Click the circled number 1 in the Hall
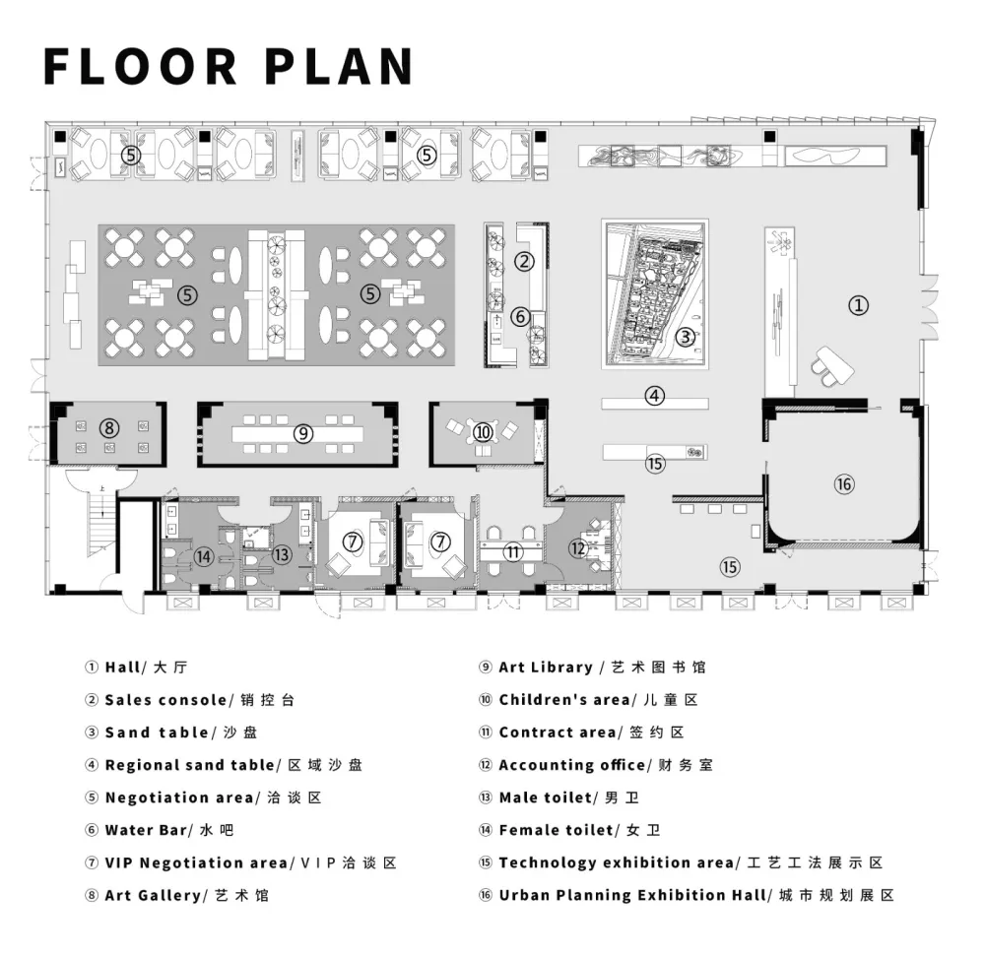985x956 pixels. [x=858, y=305]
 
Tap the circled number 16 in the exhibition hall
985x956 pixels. [x=844, y=484]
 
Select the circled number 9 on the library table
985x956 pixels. [x=303, y=433]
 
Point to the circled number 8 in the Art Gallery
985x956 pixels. [x=109, y=428]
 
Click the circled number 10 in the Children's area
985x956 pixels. [x=483, y=432]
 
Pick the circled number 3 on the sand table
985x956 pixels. [x=686, y=337]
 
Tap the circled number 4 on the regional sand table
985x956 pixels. [x=655, y=396]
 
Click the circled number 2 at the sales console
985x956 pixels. [x=525, y=261]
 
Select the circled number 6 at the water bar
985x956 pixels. [x=520, y=317]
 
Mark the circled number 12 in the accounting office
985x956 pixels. [x=578, y=548]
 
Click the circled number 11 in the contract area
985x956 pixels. [x=513, y=551]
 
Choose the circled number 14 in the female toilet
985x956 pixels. [x=203, y=556]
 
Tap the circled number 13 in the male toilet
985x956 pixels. [x=282, y=554]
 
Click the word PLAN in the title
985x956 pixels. [x=339, y=66]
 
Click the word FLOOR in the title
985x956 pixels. [x=140, y=66]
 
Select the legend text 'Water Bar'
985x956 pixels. [x=146, y=830]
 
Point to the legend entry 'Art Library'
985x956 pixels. [x=546, y=668]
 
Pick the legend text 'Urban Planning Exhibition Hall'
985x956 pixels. [x=632, y=895]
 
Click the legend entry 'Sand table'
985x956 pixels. [x=157, y=733]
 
